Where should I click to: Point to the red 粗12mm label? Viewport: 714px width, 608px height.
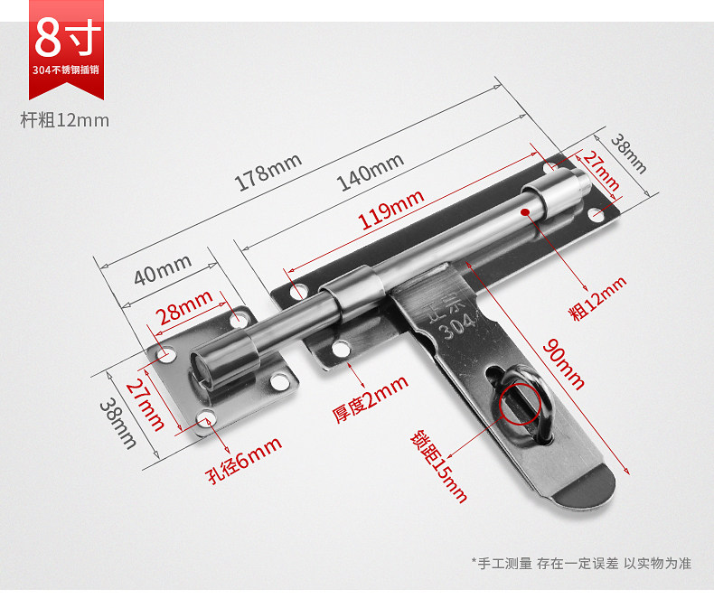coord(597,298)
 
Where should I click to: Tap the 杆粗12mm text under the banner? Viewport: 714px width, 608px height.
coord(64,119)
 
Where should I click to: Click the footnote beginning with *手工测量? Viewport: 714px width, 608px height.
coord(580,563)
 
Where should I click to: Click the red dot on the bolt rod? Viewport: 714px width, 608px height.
coord(524,211)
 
